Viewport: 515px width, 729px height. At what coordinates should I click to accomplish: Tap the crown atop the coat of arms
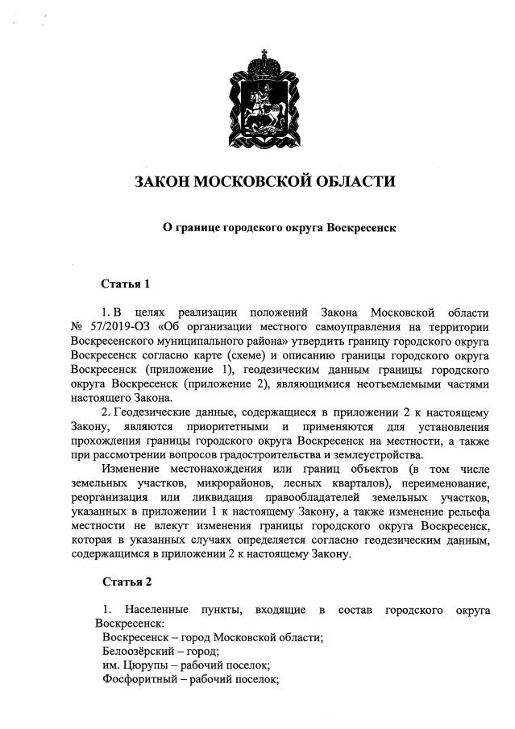coord(257,60)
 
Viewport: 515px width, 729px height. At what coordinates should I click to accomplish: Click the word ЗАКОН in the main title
coord(164,181)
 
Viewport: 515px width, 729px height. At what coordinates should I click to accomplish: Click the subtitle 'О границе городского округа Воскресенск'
coord(280,228)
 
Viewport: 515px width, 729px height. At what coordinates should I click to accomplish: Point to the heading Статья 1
coord(126,284)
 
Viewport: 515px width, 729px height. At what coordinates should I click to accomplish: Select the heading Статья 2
coord(126,581)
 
